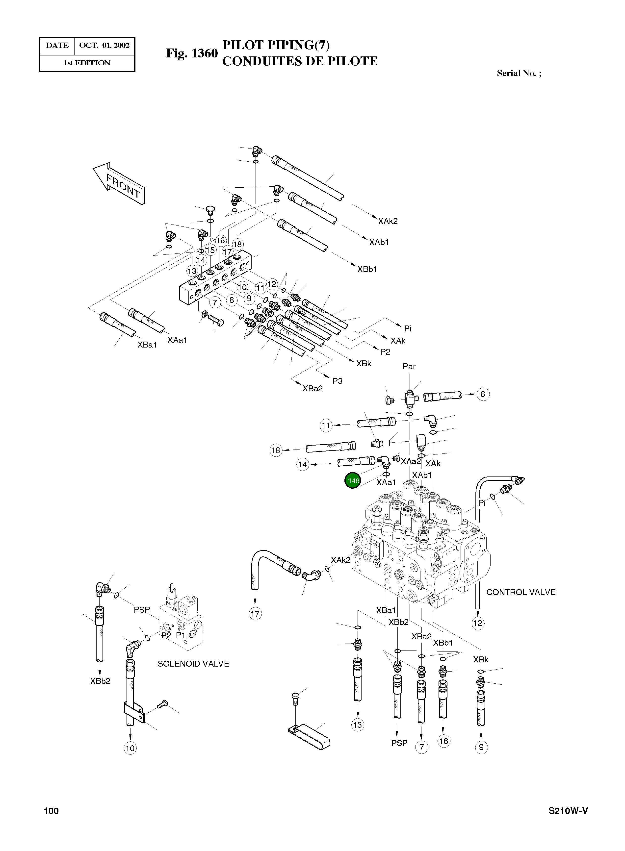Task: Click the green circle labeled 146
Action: (x=353, y=481)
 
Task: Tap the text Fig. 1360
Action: (x=192, y=53)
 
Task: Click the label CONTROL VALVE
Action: (x=521, y=592)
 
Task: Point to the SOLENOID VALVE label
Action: (x=193, y=664)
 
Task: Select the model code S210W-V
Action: (x=568, y=821)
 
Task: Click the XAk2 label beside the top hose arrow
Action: (x=388, y=221)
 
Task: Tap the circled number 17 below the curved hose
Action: (x=255, y=613)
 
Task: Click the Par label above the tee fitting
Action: (x=409, y=367)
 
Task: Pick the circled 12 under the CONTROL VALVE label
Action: (x=477, y=623)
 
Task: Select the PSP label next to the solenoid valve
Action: (x=142, y=610)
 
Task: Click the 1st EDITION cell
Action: (x=87, y=63)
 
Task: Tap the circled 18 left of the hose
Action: (x=276, y=450)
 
